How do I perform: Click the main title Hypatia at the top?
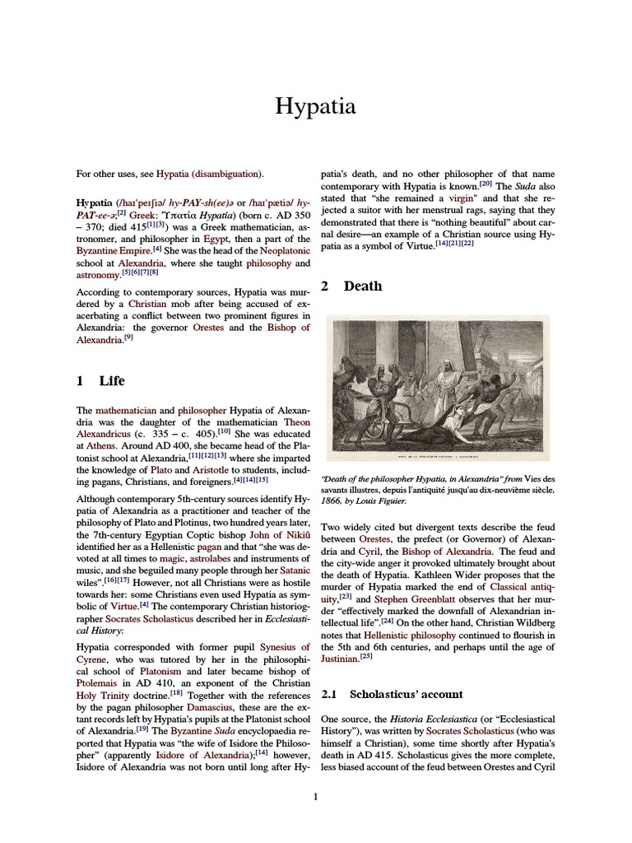tap(316, 106)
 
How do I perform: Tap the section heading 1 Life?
tap(101, 380)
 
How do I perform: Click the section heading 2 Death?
tap(351, 286)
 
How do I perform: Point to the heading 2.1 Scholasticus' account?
tap(392, 694)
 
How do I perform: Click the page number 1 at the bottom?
tap(316, 796)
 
